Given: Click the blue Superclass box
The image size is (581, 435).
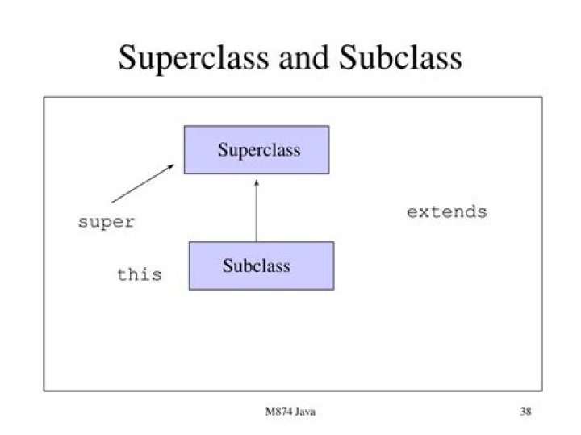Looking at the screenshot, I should click(256, 149).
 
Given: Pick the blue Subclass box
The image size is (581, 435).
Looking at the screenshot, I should click(261, 266).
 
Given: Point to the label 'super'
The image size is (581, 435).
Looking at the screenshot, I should click(106, 222).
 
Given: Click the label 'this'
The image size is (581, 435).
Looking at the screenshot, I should click(139, 275).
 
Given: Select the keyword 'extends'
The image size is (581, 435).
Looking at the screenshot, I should click(446, 213).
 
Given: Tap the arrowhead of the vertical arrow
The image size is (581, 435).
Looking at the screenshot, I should click(256, 182).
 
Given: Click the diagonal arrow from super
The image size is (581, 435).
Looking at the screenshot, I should click(143, 183).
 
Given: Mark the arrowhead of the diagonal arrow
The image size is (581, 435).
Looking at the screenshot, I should click(171, 166).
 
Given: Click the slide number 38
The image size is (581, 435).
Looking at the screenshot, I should click(525, 412).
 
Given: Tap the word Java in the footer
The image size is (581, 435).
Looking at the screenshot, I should click(303, 412).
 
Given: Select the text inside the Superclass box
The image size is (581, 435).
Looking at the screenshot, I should click(258, 150).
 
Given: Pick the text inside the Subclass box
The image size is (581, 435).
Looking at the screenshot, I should click(257, 266).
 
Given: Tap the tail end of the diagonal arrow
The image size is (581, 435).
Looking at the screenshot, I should click(113, 201).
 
